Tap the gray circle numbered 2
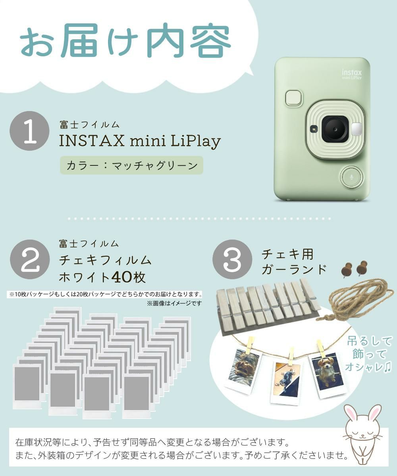tap(29, 259)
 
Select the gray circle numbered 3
tap(232, 259)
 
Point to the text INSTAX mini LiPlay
tap(140, 141)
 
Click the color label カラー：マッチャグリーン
tap(131, 165)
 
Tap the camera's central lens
tap(335, 129)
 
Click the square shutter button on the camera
tap(294, 98)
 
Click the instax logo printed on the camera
tap(352, 74)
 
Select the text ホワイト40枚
tap(102, 277)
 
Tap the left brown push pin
tap(347, 270)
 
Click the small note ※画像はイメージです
tap(174, 303)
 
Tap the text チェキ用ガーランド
tap(294, 261)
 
